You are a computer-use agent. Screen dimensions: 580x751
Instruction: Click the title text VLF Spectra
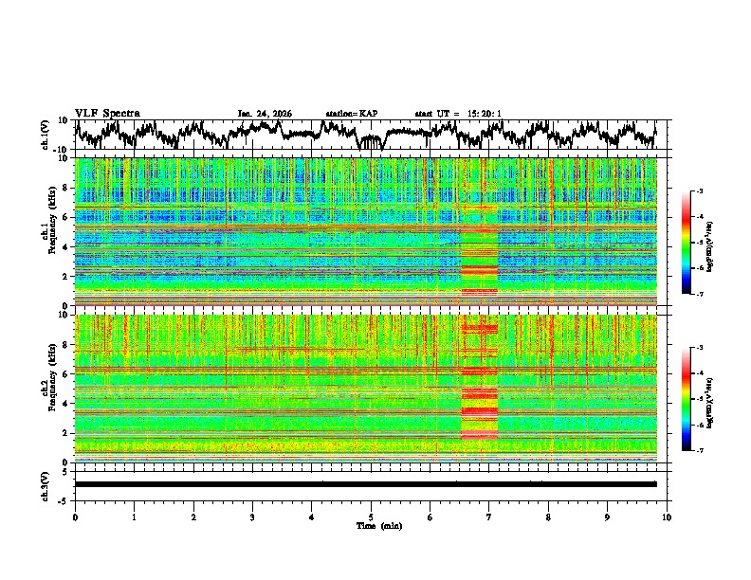click(107, 114)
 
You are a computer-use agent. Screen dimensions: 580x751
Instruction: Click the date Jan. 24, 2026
click(265, 114)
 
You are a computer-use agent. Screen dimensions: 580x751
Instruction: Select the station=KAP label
click(351, 114)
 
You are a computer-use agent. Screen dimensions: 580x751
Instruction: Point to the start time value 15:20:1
click(485, 114)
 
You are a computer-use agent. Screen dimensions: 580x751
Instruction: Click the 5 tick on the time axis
click(371, 517)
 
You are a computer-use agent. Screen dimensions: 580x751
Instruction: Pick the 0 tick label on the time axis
click(75, 517)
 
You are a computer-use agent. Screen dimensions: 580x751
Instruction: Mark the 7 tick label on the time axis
click(489, 517)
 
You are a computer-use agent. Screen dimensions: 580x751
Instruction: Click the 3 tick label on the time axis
click(252, 517)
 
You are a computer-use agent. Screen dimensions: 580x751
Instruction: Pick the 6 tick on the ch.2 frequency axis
click(68, 374)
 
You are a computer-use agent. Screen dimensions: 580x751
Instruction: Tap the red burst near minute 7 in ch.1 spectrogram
click(479, 256)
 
